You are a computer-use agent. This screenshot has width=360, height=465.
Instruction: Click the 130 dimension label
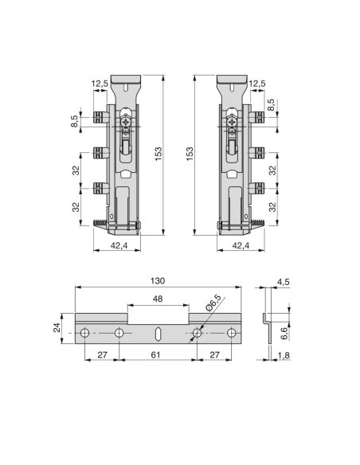[158, 280]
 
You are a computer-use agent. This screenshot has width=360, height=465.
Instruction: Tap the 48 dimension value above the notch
[158, 299]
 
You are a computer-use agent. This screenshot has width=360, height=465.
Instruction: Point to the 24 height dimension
[57, 327]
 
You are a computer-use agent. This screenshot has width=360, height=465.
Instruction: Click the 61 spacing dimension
[155, 354]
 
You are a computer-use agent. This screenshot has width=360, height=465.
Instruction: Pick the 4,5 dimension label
[284, 282]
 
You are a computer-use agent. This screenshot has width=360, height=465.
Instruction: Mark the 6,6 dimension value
[284, 334]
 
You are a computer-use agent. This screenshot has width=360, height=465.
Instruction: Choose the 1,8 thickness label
[284, 355]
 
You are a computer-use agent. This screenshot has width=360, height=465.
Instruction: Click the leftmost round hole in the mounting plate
[84, 333]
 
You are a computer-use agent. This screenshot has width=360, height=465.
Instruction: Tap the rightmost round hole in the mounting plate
[232, 333]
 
